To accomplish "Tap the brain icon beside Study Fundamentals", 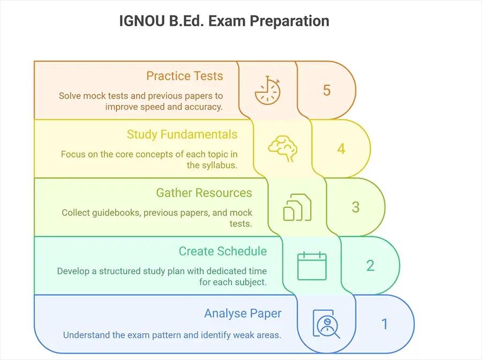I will [282, 148].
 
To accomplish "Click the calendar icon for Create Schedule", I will [312, 266].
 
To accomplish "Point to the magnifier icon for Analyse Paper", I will [326, 324].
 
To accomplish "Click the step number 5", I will [327, 90].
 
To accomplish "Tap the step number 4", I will [341, 148].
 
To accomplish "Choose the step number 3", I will [356, 207].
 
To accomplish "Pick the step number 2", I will [370, 266].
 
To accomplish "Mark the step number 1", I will [384, 324].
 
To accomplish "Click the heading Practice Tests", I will [184, 76].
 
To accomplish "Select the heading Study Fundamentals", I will [182, 134].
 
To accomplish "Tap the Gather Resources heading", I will [204, 192].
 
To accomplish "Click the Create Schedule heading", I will [222, 251].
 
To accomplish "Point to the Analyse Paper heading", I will [243, 313].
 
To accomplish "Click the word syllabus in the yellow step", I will [220, 165].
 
